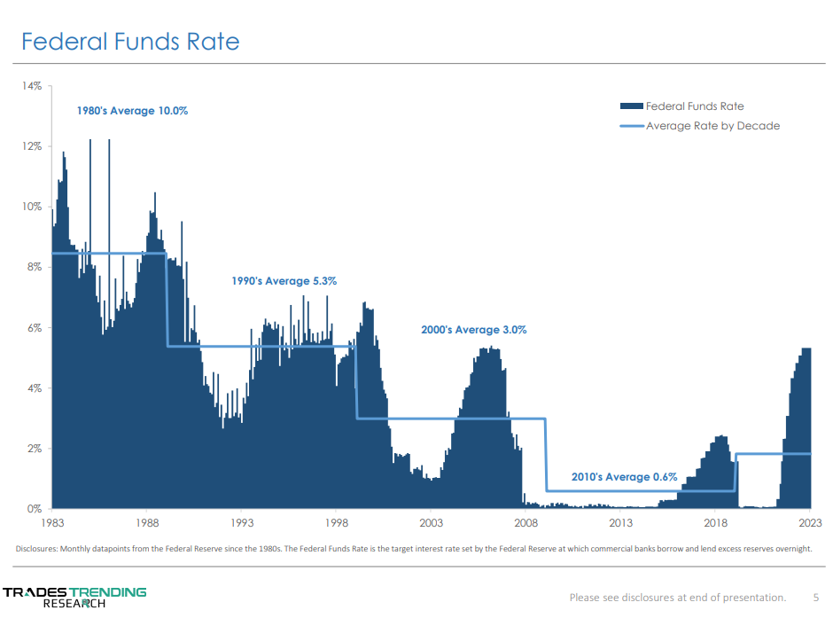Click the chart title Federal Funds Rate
[x=130, y=42]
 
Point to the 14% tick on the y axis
[x=32, y=86]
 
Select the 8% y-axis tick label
[x=34, y=267]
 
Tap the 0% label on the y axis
[x=34, y=509]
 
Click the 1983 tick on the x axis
[x=52, y=523]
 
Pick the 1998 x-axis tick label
[x=336, y=523]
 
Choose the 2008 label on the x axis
[x=525, y=523]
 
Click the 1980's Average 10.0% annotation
[x=132, y=111]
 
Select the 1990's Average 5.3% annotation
[x=284, y=281]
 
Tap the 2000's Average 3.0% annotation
[x=473, y=330]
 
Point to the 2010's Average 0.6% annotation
[x=624, y=477]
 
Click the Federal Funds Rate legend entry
[x=695, y=106]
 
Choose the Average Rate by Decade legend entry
[x=712, y=126]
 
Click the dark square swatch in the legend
[x=631, y=106]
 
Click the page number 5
[x=816, y=597]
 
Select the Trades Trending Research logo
[x=74, y=597]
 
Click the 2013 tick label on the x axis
[x=620, y=523]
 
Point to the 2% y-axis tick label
[x=34, y=449]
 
